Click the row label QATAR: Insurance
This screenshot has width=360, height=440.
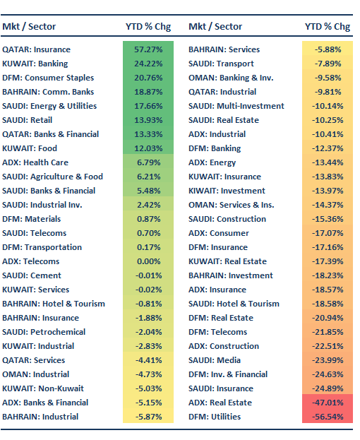pos(36,49)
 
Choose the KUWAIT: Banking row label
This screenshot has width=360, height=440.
pos(35,64)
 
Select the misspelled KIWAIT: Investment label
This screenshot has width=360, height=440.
pos(227,191)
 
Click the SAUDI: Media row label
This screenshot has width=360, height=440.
pos(216,360)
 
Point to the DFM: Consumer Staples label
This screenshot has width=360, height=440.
pos(47,78)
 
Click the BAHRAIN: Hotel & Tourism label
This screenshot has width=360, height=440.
pos(54,304)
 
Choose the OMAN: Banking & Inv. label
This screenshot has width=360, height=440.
pos(230,78)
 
